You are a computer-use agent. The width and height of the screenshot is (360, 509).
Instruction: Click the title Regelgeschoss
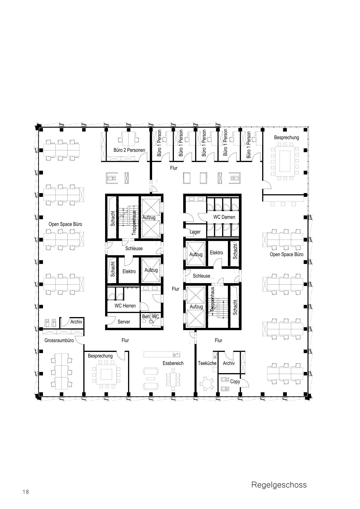(279, 485)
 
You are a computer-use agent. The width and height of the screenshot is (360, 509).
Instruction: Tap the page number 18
(26, 492)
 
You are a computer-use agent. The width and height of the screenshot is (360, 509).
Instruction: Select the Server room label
(124, 322)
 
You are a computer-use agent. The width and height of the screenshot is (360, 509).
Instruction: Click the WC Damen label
(224, 217)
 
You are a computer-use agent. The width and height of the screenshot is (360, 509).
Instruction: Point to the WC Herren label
(125, 306)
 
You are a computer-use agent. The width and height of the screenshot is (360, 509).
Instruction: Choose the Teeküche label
(207, 363)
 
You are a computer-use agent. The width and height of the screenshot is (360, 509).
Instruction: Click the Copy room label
(235, 382)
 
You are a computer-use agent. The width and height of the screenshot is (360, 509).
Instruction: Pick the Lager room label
(195, 232)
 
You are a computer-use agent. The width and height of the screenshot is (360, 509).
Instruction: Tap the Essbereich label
(173, 363)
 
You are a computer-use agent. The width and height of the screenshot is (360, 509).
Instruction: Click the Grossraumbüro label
(59, 340)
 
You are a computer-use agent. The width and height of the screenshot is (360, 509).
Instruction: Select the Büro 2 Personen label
(129, 150)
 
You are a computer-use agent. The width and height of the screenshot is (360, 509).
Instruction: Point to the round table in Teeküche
(207, 384)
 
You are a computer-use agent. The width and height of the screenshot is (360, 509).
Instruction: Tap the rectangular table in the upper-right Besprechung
(285, 161)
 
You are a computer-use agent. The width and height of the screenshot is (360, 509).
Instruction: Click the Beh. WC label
(150, 316)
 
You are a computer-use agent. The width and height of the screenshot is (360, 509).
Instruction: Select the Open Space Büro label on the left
(65, 224)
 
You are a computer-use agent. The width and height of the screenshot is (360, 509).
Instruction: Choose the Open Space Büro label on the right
(287, 254)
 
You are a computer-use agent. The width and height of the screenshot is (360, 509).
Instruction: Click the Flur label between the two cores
(176, 289)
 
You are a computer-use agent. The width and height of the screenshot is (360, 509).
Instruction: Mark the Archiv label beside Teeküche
(229, 363)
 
